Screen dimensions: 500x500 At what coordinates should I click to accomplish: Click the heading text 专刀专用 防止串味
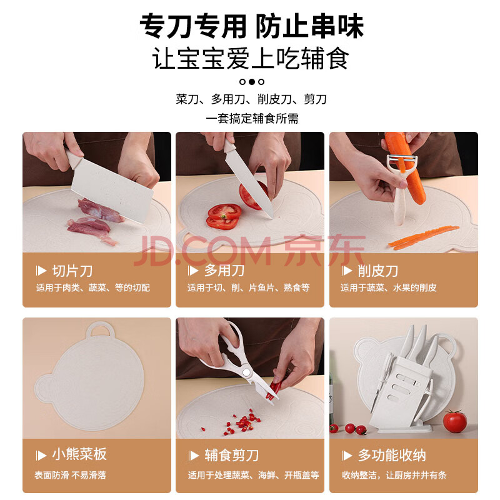[x=252, y=26]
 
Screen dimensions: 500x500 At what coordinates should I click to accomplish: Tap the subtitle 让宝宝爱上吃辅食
[x=251, y=58]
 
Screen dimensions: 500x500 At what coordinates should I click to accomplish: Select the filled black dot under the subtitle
[x=252, y=82]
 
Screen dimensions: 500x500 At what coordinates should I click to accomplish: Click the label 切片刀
[x=72, y=271]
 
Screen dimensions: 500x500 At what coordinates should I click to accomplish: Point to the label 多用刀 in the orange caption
[x=224, y=271]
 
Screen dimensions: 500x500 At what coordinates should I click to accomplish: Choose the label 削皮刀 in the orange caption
[x=378, y=271]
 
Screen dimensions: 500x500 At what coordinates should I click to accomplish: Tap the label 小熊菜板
[x=79, y=454]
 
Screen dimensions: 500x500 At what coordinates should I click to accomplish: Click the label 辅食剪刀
[x=232, y=455]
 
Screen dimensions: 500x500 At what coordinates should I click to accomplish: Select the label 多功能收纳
[x=392, y=455]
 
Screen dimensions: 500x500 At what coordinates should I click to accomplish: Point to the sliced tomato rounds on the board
[x=224, y=216]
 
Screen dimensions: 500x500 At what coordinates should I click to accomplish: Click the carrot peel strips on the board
[x=424, y=237]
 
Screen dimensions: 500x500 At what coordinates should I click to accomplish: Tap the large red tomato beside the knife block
[x=455, y=421]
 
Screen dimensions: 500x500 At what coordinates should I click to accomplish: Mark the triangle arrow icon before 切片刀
[x=41, y=271]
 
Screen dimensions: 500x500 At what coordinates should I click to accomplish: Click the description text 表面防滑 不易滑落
[x=70, y=475]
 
